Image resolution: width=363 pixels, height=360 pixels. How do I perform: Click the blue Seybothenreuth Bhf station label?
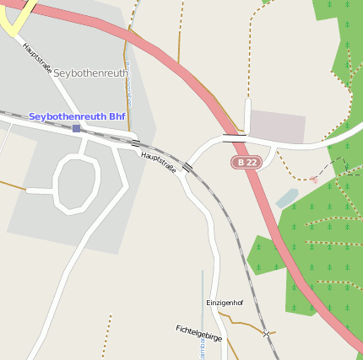pos(77,116)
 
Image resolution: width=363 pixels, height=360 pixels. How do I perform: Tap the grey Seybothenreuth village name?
pos(91,73)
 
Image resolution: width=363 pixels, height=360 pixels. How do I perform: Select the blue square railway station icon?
pos(76,128)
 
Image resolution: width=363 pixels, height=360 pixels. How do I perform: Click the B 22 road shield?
pos(246,161)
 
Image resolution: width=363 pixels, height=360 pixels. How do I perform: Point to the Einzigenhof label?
pos(224,302)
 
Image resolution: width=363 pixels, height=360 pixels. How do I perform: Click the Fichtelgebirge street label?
pos(198,332)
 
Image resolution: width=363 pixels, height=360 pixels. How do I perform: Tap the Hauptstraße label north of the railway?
pos(37,58)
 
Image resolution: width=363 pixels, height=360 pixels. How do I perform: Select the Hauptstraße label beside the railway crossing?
pos(159,162)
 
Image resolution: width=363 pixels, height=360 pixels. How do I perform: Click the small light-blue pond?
pos(287,198)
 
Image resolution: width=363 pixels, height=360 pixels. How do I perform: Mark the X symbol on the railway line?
pos(268,335)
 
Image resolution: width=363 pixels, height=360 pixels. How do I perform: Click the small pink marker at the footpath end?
pos(313,179)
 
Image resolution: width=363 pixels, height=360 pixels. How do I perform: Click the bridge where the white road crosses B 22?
pos(234,135)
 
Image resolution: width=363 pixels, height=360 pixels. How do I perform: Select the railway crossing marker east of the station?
pos(135,142)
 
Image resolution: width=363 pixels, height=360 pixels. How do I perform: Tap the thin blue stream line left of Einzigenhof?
pos(203,295)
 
